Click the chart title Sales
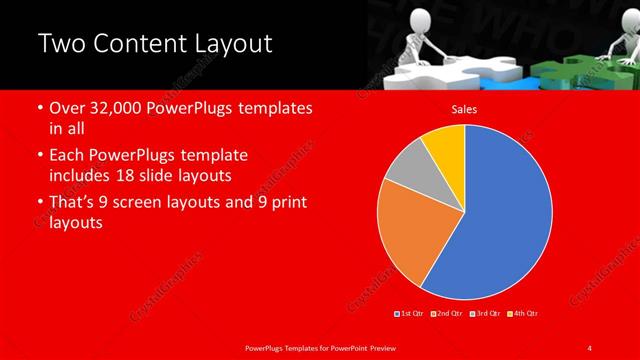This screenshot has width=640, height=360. [x=464, y=109]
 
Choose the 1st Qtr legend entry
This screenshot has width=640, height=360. [x=410, y=314]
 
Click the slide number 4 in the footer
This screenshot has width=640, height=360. [x=590, y=347]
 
